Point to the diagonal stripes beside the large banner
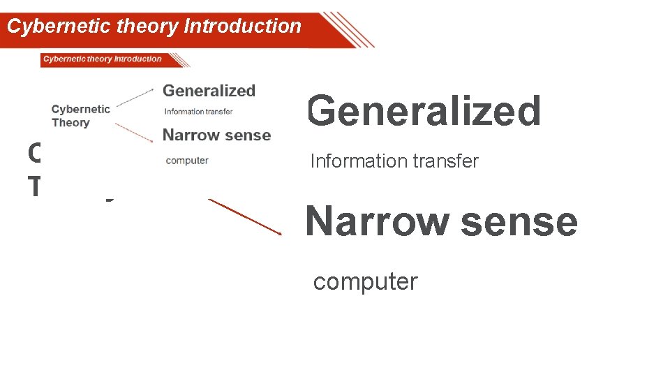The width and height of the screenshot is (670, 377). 347,29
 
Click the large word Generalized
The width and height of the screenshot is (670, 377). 424,112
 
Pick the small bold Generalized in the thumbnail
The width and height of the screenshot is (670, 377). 209,91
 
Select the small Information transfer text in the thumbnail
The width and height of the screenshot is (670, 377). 198,112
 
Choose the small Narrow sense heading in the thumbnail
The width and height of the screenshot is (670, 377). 216,135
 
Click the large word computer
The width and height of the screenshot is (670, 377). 365,282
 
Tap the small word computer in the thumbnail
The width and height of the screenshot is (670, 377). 187,161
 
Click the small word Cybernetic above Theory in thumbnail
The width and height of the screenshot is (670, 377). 80,109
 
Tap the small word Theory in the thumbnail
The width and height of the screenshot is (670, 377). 70,123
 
